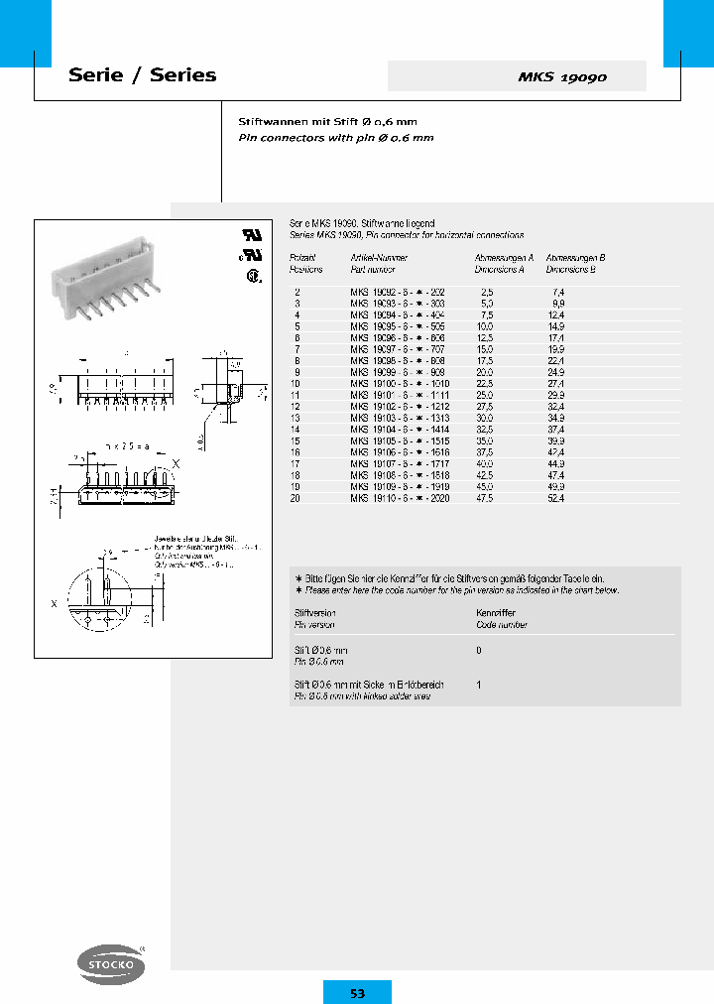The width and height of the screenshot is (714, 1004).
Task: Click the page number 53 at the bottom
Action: pos(357,992)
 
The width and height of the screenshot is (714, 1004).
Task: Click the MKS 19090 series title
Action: pos(562,77)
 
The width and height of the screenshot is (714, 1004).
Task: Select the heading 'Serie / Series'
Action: pos(142,75)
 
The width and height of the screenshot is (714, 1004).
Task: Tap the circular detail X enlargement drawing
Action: pos(99,599)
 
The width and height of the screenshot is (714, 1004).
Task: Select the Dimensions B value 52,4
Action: pos(555,499)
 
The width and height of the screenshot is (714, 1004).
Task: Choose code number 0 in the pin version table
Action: pos(480,650)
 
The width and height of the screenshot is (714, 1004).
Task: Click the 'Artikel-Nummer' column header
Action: pos(373,257)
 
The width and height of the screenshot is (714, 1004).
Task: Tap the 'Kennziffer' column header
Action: pos(497,614)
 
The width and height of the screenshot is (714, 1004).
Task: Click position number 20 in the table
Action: pos(296,499)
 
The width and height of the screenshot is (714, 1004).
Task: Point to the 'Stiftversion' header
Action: pos(315,614)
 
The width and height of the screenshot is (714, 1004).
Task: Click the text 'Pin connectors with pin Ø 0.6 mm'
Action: pos(336,138)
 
